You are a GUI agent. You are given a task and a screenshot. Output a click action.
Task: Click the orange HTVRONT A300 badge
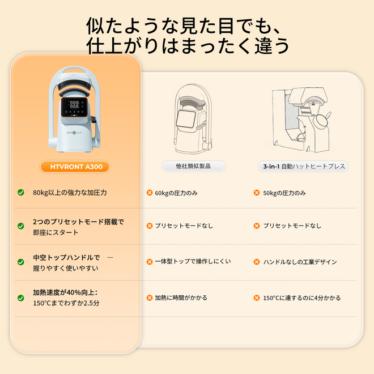tap(75, 167)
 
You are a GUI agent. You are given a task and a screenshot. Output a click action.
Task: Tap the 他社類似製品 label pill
tap(194, 166)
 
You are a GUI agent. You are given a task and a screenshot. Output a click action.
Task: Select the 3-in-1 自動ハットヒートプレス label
tap(303, 166)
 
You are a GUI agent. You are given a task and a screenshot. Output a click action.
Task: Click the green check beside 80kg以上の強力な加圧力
tap(21, 192)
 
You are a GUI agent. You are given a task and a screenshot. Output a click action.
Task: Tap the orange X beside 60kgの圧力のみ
tap(150, 193)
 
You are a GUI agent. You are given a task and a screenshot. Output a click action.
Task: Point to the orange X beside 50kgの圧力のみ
tap(257, 193)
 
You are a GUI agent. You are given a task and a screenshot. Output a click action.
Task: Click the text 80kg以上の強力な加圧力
tap(70, 193)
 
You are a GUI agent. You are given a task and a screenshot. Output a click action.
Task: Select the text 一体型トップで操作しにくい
tap(193, 261)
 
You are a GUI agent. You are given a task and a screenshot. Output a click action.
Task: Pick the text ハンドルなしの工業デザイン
tap(300, 262)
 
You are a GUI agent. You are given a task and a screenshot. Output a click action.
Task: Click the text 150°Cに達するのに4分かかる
tap(301, 298)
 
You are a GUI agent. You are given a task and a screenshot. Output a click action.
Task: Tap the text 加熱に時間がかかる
tap(181, 297)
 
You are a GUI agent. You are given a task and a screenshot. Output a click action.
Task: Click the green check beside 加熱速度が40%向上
tap(21, 298)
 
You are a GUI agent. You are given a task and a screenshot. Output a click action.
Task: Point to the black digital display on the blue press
tap(74, 107)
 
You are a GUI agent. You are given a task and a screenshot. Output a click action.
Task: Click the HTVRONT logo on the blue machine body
tap(74, 133)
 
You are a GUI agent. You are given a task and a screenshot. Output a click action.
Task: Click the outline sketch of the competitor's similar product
tap(193, 119)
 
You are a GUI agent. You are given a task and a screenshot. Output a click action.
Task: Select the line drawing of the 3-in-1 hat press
tap(301, 120)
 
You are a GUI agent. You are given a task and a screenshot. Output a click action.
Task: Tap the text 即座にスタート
tap(56, 232)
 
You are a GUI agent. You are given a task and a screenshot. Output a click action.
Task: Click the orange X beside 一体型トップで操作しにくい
tap(150, 262)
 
